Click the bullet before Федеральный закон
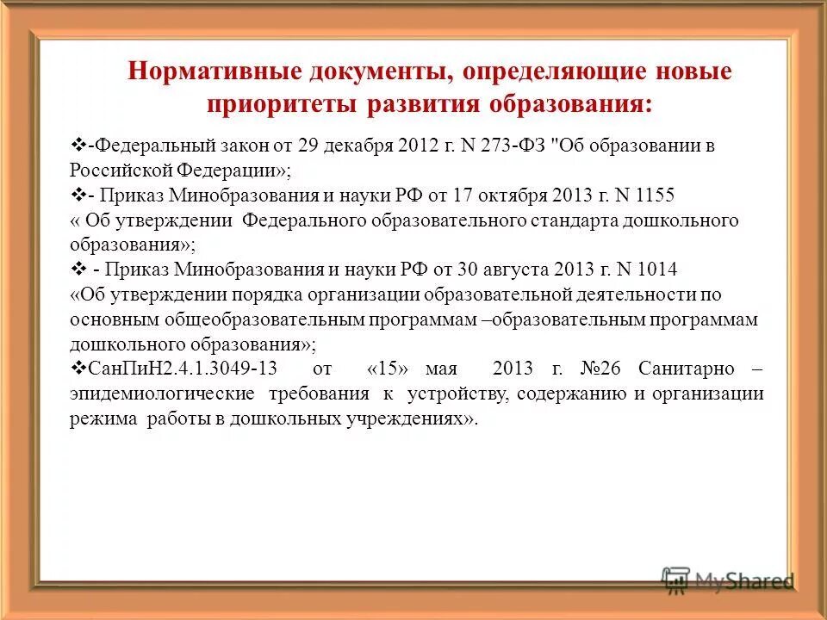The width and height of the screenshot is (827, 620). point(75,145)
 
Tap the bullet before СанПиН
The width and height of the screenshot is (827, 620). point(75,369)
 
